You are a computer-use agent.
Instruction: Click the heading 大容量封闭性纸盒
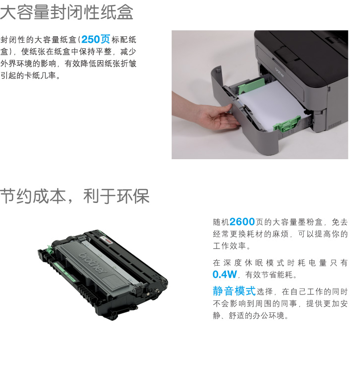click(x=66, y=12)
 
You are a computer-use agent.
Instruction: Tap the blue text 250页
click(x=96, y=39)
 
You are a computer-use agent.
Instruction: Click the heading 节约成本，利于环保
click(x=75, y=196)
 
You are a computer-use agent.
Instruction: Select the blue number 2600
click(x=242, y=221)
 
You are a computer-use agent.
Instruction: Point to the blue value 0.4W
click(x=225, y=274)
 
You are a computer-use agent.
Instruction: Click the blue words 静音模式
click(x=234, y=291)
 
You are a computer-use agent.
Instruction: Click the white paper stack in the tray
click(x=271, y=105)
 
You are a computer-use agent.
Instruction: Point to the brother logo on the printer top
click(x=280, y=72)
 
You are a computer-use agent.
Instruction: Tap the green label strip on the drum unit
click(x=64, y=271)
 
